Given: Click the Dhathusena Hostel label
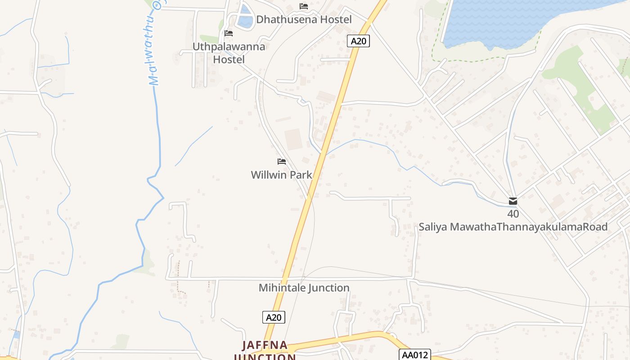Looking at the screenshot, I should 304,19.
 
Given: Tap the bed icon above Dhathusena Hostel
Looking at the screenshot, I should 304,6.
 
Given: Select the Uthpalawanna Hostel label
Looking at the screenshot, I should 229,53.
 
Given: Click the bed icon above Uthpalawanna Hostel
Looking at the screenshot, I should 229,33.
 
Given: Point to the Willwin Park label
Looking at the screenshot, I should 281,175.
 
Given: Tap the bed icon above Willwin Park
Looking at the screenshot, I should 282,162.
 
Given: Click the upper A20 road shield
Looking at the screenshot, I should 359,41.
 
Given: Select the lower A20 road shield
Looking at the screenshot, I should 274,317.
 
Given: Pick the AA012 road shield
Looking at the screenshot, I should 414,355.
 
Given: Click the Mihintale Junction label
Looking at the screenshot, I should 304,288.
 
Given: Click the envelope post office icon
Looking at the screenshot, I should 513,201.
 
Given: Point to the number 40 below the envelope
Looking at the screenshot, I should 513,214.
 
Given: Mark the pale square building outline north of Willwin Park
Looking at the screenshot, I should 292,139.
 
